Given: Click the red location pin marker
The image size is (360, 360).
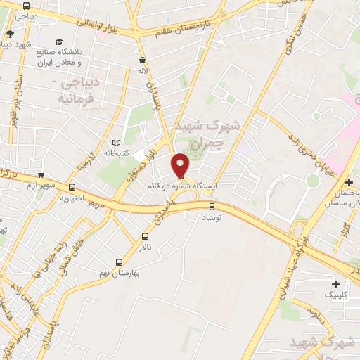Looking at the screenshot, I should click(181, 165).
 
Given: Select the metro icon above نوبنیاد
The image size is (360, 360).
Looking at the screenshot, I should click(212, 206).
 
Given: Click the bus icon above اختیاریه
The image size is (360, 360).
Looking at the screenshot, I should click(72, 187).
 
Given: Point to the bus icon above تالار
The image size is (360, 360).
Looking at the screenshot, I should click(146, 236).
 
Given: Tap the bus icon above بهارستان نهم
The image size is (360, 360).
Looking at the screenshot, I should click(127, 261).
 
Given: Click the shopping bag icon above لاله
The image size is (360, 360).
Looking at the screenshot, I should click(143, 60).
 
